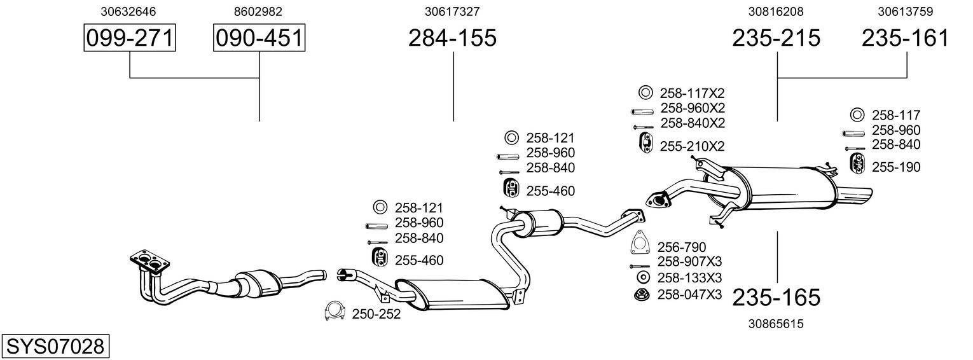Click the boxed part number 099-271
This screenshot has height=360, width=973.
130,38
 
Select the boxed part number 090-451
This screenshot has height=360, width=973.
259,38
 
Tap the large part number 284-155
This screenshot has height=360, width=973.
452,38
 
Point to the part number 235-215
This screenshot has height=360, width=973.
776,38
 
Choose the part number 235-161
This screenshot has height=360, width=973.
905,38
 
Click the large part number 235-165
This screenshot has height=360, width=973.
776,297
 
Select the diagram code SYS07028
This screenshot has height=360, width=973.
55,347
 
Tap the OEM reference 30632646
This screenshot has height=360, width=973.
129,11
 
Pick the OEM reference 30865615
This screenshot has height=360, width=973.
776,324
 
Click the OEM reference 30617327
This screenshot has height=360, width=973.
452,11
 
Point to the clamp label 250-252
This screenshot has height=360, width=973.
376,314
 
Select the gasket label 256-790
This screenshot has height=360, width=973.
682,247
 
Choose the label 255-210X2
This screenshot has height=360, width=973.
693,146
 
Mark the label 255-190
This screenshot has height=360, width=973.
896,167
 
